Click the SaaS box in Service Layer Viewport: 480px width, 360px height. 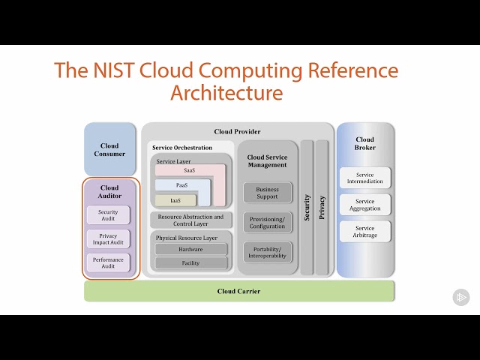pyautogui.click(x=189, y=170)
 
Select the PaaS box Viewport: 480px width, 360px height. pyautogui.click(x=181, y=185)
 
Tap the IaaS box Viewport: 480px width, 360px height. pyautogui.click(x=175, y=200)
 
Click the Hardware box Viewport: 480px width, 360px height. pyautogui.click(x=190, y=249)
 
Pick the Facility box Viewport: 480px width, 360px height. pyautogui.click(x=190, y=263)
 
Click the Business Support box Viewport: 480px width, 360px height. pyautogui.click(x=267, y=193)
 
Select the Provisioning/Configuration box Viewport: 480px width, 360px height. pyautogui.click(x=267, y=223)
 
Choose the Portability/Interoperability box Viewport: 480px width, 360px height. pyautogui.click(x=267, y=253)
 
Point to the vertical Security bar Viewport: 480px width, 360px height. pyautogui.click(x=307, y=208)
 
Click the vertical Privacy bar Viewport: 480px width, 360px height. pyautogui.click(x=322, y=208)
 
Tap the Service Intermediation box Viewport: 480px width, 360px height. pyautogui.click(x=365, y=178)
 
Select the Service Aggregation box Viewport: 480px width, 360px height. pyautogui.click(x=365, y=205)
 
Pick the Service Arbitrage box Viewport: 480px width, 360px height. pyautogui.click(x=365, y=232)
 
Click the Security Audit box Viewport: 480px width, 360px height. pyautogui.click(x=109, y=215)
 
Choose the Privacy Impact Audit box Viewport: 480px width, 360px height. pyautogui.click(x=109, y=239)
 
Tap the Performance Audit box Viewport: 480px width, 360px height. pyautogui.click(x=109, y=262)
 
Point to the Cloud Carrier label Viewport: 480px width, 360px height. pyautogui.click(x=238, y=291)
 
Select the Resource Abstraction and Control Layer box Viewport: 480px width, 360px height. pyautogui.click(x=190, y=220)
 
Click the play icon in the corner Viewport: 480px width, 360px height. pyautogui.click(x=461, y=298)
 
